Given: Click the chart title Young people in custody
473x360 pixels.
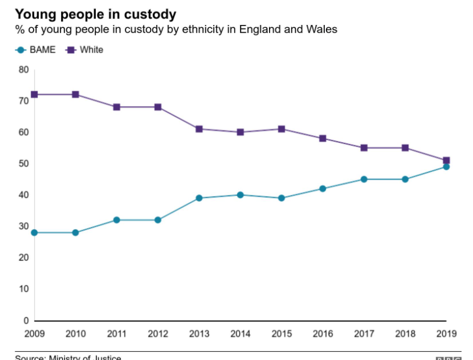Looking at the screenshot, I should pos(96,14).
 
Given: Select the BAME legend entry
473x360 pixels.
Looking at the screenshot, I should pos(36,50).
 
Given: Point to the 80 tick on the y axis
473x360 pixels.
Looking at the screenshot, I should pos(24,70).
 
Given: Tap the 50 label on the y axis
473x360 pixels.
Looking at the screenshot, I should pos(24,164).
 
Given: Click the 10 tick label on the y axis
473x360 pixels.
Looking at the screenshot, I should pos(24,289).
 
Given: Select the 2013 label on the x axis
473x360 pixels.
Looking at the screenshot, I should pos(199,334).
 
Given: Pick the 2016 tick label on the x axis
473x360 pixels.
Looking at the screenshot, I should pos(322,334).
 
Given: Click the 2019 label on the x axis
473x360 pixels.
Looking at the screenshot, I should pos(446,334).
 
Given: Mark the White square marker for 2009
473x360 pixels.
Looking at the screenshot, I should pos(34,94).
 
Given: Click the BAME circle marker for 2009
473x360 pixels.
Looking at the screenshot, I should pos(34,232).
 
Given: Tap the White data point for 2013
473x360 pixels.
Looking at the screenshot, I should pos(199,129).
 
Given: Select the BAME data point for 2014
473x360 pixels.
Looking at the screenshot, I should pos(240,195).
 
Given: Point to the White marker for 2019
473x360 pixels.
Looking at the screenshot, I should pos(446,160).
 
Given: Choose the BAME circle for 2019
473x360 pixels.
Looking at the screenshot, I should pos(446,167).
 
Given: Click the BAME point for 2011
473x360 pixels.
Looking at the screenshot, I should pos(117,220).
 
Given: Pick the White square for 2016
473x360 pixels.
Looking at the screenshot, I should pos(322,138).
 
